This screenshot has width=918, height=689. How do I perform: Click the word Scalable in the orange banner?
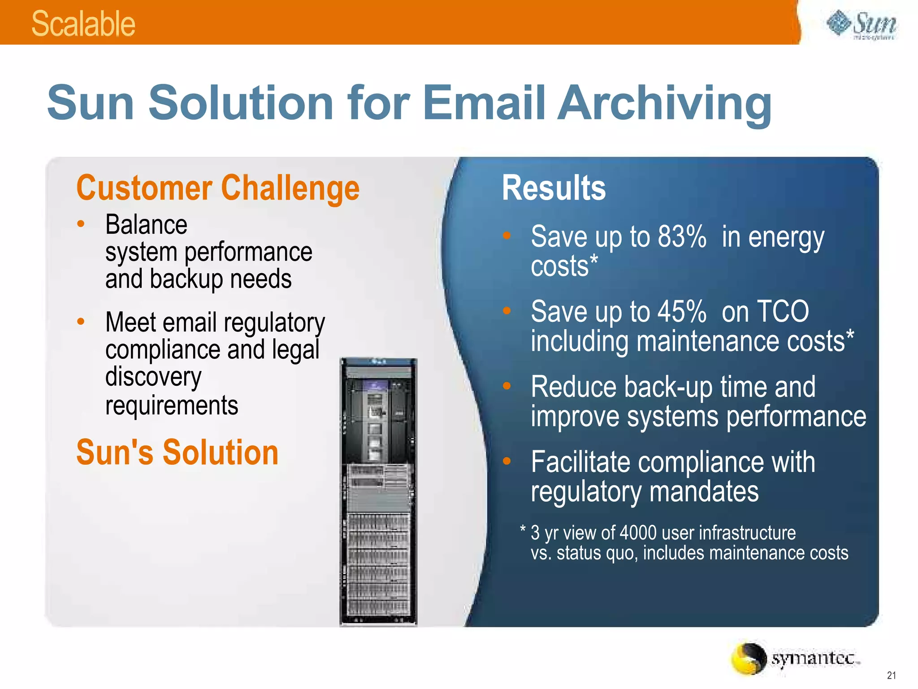83,24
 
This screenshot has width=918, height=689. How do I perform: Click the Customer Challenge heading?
218,188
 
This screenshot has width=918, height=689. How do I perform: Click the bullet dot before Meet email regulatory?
81,321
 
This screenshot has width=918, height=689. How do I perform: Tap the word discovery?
153,377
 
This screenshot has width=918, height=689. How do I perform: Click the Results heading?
554,188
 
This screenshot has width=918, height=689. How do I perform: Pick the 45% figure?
682,311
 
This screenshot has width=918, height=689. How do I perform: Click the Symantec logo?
796,658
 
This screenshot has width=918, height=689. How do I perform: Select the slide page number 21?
891,675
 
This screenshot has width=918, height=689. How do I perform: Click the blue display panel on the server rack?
376,385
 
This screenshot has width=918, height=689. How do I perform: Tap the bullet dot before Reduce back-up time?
507,386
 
